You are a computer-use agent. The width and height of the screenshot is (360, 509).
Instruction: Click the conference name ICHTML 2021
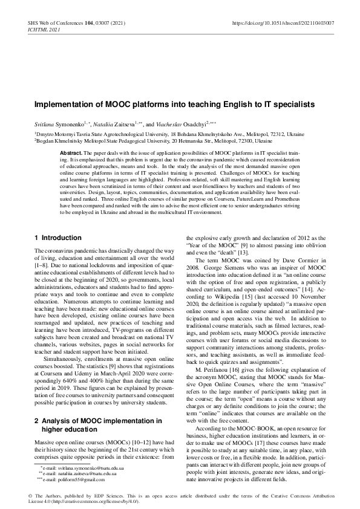[x=44, y=29]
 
